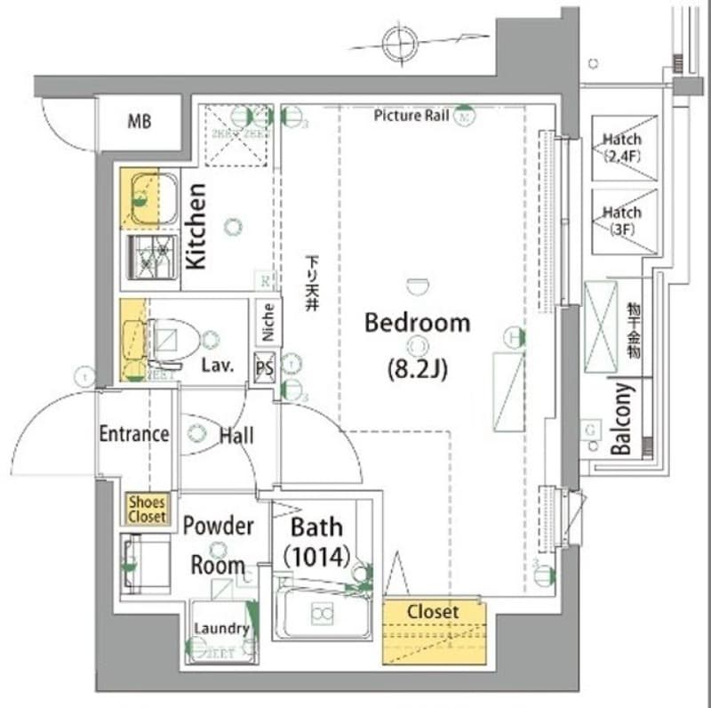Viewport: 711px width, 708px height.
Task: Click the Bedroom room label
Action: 417,323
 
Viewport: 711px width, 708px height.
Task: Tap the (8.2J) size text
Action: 417,366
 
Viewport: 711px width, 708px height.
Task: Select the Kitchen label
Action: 196,226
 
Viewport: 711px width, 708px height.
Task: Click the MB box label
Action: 138,121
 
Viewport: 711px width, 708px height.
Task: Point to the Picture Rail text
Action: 411,116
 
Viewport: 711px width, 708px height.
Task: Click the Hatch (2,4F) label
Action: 622,148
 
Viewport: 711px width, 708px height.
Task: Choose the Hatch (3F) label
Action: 622,220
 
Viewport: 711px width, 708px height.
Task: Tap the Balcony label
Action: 621,419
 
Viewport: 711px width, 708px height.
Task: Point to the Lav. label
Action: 217,366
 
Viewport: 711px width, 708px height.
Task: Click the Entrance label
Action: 133,434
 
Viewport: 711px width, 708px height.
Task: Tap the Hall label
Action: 236,435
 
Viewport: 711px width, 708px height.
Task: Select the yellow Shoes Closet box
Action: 147,510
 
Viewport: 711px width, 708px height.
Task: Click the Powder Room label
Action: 218,544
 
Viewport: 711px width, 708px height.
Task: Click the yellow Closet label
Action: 434,613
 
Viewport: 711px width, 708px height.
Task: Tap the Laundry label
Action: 221,629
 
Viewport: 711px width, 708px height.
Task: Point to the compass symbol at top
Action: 399,41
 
